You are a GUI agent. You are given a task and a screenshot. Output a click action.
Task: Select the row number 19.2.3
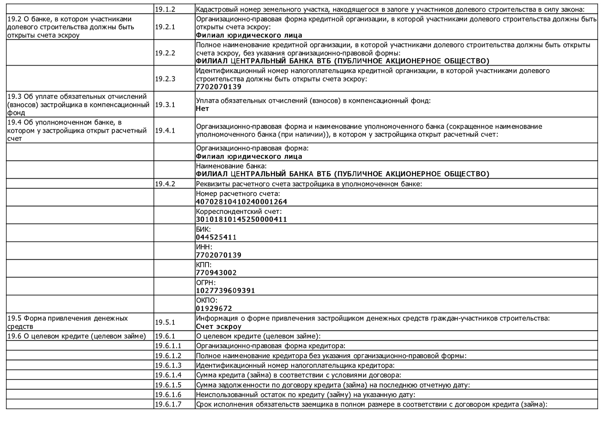(165, 79)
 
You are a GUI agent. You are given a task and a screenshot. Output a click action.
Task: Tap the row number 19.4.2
(165, 184)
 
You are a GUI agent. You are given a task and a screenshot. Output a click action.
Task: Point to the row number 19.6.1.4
(168, 375)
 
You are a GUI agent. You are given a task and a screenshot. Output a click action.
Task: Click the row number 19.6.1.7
(168, 404)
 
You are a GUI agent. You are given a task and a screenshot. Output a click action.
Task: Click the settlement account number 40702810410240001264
(241, 202)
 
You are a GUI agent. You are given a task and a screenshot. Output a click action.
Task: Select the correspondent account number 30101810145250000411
(241, 219)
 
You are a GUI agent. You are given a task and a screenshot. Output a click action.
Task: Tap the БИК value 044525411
(216, 237)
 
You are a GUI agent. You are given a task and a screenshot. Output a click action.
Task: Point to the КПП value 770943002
(216, 273)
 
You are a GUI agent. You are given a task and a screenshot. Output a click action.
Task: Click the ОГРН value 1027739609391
(225, 291)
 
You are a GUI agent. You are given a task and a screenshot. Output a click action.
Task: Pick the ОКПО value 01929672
(214, 308)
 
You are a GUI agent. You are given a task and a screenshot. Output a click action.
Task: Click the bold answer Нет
(202, 108)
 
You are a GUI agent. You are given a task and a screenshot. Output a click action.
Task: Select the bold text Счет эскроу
(218, 327)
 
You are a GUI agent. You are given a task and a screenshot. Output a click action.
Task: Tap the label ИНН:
(204, 247)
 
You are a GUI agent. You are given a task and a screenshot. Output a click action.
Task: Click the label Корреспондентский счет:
(239, 212)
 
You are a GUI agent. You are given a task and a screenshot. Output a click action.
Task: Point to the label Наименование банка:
(231, 166)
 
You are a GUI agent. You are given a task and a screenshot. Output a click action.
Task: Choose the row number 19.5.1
(165, 322)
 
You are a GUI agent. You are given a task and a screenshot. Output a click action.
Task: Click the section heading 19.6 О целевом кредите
(77, 336)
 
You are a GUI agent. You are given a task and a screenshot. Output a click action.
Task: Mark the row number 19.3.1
(165, 104)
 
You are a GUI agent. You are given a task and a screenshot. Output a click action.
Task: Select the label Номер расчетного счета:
(238, 194)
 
